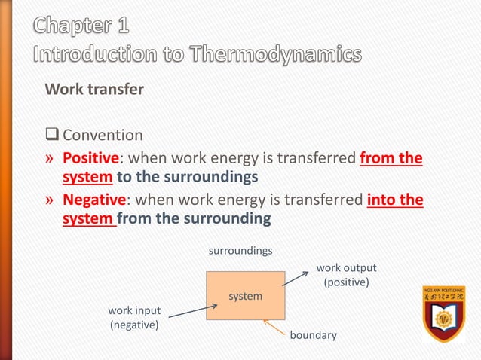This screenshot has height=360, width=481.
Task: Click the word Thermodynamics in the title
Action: (x=259, y=55)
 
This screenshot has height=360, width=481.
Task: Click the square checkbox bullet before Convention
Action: (x=52, y=136)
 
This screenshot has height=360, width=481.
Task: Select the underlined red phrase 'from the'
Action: (x=391, y=159)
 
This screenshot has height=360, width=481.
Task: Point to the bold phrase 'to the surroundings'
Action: (x=187, y=177)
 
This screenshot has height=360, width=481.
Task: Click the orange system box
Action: (x=246, y=296)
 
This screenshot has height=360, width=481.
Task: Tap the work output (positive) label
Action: (x=346, y=276)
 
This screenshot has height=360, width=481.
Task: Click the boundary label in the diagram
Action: (x=313, y=334)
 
